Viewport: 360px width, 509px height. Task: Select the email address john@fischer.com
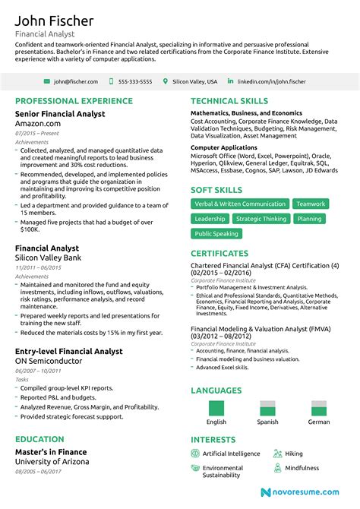tap(75, 81)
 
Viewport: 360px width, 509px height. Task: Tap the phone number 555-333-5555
tap(136, 81)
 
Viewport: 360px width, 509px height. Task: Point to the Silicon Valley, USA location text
tap(194, 81)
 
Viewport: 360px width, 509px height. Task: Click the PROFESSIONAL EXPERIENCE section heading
tap(74, 101)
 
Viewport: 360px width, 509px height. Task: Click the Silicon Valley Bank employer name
tap(49, 258)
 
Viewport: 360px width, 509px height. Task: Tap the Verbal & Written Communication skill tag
tap(239, 204)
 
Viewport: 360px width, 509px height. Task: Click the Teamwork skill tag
tap(311, 204)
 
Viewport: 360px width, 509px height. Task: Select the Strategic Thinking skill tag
tap(261, 219)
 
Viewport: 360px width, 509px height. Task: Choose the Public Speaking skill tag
tap(216, 234)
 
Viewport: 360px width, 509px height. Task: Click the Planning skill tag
tap(309, 219)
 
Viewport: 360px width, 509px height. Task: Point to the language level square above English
tap(216, 408)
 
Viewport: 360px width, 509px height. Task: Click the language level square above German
tap(319, 408)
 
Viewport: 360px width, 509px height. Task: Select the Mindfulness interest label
tap(302, 468)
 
